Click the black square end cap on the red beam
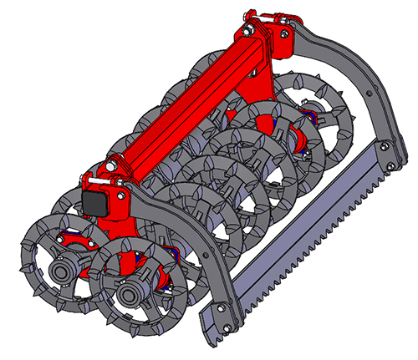point(94,203)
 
